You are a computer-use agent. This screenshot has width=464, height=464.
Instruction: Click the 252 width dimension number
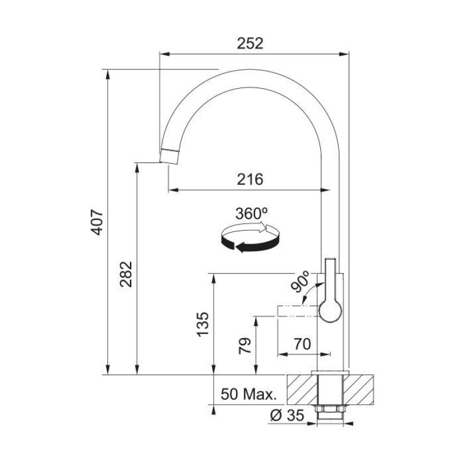coord(250,43)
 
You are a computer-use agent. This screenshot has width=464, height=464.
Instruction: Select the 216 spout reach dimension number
coord(250,179)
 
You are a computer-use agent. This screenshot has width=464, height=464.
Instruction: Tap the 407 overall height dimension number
coord(97,222)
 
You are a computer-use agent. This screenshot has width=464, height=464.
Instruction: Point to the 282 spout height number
coord(126,274)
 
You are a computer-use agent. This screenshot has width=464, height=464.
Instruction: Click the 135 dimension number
coord(203,324)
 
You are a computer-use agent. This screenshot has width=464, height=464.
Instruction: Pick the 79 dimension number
coord(245,346)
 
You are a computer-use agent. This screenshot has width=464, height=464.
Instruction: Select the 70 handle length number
coord(302,344)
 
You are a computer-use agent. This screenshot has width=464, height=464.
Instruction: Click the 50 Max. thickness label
coord(249,394)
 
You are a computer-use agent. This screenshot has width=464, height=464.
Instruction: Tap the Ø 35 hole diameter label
coord(287,415)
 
